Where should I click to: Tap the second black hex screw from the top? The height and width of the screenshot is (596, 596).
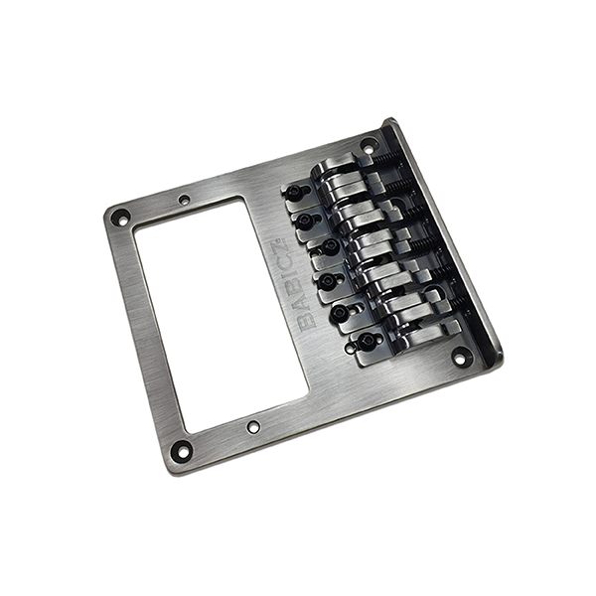click(x=305, y=219)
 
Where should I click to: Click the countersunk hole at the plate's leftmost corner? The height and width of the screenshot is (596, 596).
click(x=121, y=219)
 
